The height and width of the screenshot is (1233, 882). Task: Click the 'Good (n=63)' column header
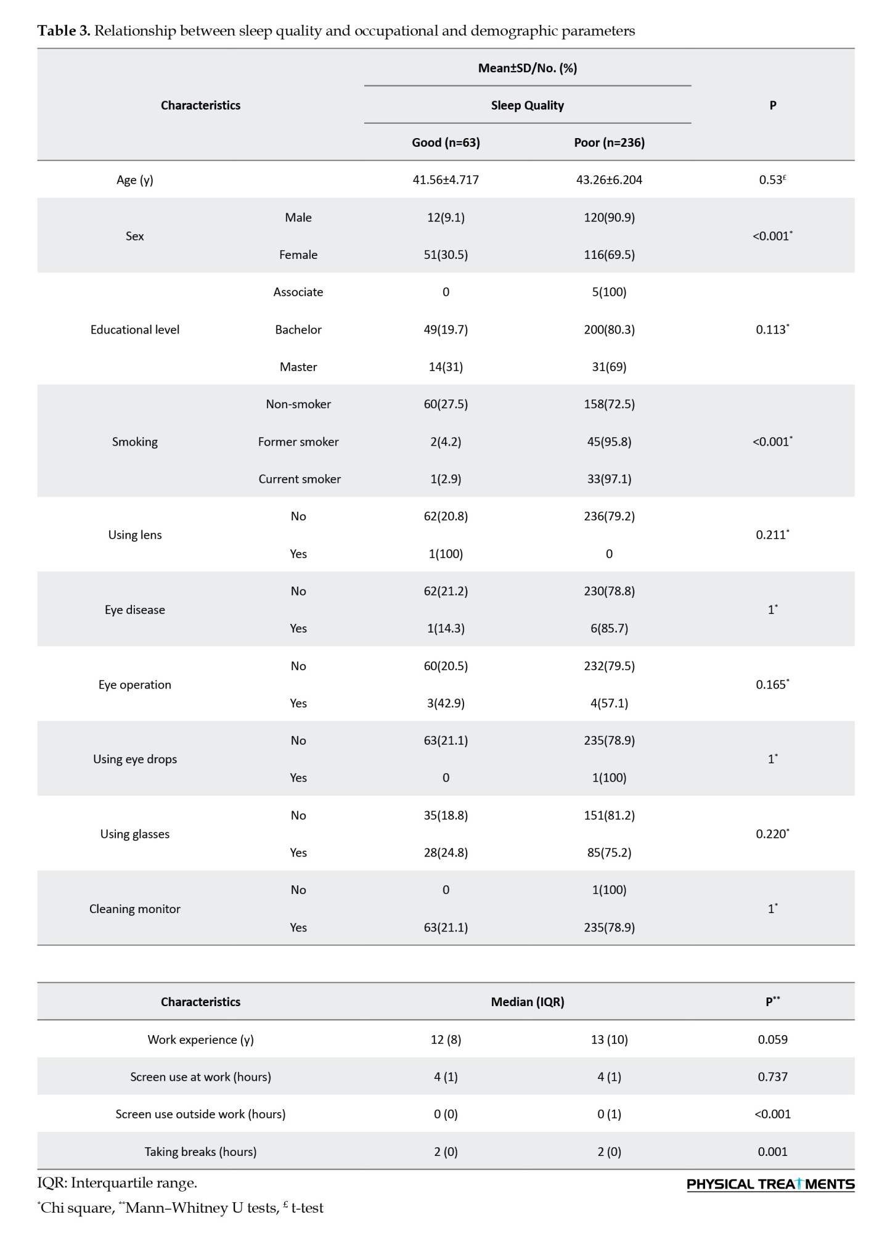pos(446,142)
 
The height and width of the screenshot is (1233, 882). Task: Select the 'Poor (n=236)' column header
pos(609,142)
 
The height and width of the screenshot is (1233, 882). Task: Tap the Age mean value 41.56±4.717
pos(446,180)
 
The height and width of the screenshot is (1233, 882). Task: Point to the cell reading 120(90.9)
pos(609,218)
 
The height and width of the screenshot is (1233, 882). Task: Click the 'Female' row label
pos(298,255)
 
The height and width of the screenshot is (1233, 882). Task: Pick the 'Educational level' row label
pos(135,330)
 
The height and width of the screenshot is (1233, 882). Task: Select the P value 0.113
pos(772,330)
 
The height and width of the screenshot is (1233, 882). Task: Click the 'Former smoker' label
pos(298,442)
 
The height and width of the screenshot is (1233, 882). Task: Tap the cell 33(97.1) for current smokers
pos(609,479)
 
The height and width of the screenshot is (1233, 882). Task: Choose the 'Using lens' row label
pos(135,535)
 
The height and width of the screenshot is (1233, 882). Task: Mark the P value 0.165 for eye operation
pos(772,684)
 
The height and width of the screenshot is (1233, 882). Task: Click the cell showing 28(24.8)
pos(446,853)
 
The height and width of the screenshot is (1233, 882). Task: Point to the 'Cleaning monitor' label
pos(135,909)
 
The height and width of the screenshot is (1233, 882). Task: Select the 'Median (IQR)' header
pos(528,1002)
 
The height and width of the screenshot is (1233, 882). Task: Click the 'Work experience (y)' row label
pos(200,1039)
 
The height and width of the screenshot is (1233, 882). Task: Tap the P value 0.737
pos(772,1077)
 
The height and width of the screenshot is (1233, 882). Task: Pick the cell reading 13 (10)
pos(609,1039)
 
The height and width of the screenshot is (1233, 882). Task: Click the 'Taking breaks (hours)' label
pos(200,1152)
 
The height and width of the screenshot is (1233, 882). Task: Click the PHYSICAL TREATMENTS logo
pos(770,1184)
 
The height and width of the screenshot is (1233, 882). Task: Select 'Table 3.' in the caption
pos(63,31)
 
